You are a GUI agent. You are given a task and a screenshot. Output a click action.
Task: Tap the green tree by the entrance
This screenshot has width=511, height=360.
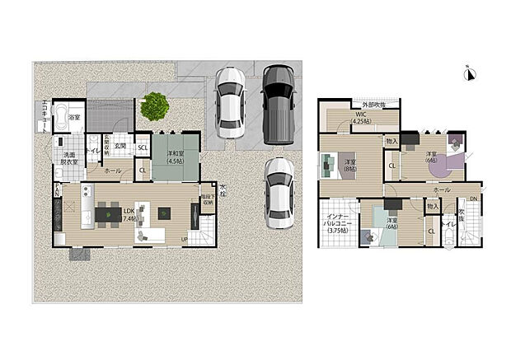coord(153,105)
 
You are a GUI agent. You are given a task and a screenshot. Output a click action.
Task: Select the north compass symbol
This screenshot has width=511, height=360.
coord(470,75)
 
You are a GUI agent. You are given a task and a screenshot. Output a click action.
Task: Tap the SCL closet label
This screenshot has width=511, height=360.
coord(143,148)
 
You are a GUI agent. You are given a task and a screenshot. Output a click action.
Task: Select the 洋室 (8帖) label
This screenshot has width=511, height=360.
coord(350,166)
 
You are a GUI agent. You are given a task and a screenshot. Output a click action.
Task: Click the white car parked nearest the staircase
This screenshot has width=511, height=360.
coord(279,194)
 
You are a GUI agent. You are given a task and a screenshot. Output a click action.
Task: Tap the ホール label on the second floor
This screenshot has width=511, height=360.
coord(443,190)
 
